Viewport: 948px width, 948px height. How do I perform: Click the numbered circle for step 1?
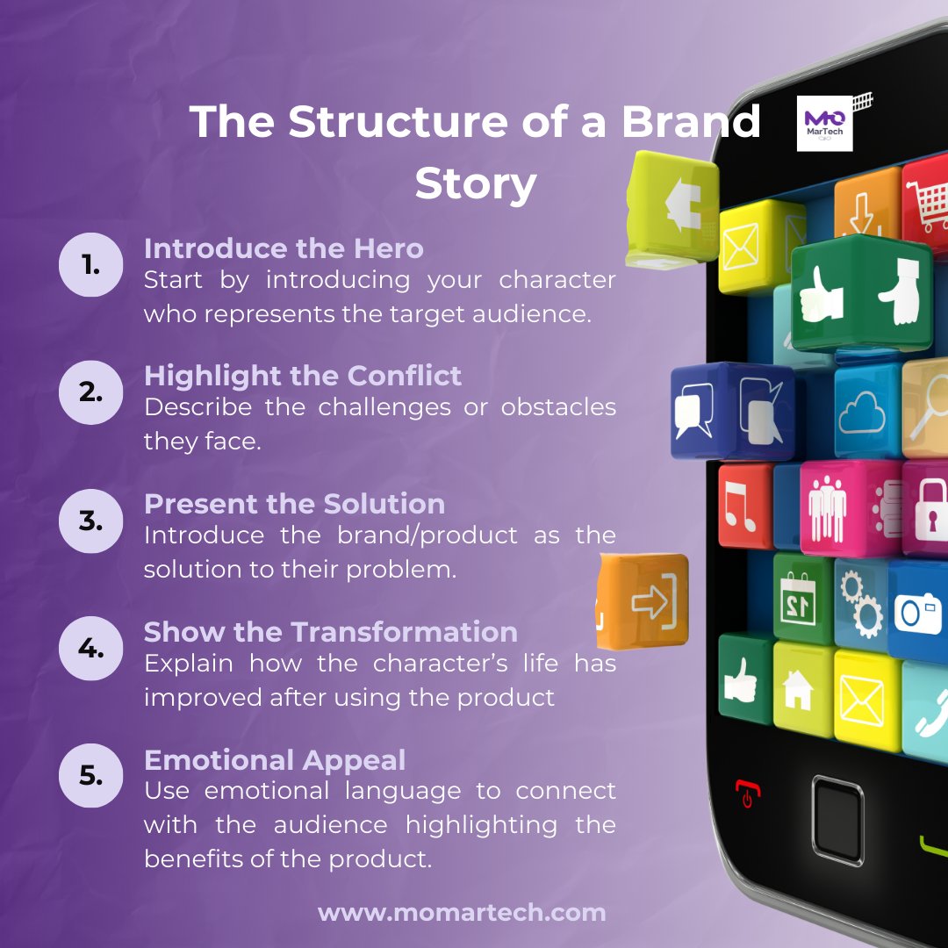pyautogui.click(x=91, y=264)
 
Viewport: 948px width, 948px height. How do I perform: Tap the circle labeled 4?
pyautogui.click(x=91, y=649)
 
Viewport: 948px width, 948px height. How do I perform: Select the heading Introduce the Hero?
pyautogui.click(x=284, y=248)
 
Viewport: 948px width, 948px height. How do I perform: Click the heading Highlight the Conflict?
pyautogui.click(x=302, y=376)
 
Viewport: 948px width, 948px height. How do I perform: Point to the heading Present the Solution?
pyautogui.click(x=294, y=504)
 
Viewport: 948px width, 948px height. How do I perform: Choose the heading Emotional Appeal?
pyautogui.click(x=275, y=760)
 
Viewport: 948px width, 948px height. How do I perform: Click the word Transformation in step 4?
pyautogui.click(x=405, y=632)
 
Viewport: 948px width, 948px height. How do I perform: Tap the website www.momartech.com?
pyautogui.click(x=462, y=912)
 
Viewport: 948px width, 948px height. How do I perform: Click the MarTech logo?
pyautogui.click(x=825, y=123)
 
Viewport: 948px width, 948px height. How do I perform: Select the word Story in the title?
pyautogui.click(x=475, y=183)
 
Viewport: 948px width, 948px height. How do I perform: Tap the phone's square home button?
pyautogui.click(x=837, y=815)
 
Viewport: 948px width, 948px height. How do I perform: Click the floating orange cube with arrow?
pyautogui.click(x=645, y=601)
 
